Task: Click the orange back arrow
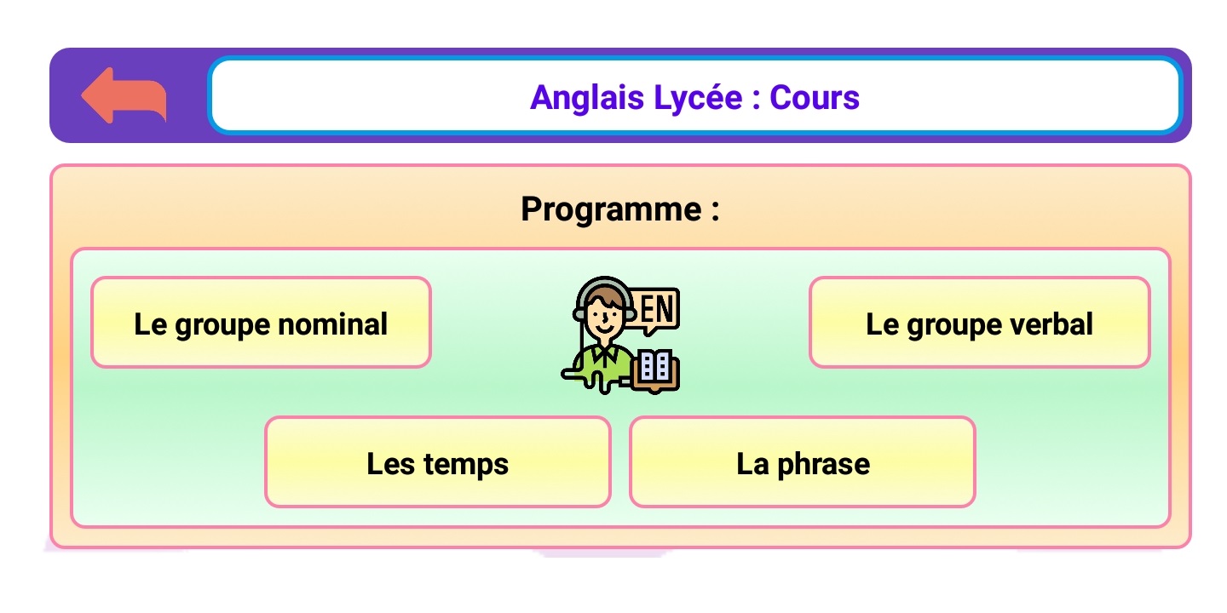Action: point(124,95)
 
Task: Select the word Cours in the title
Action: point(815,98)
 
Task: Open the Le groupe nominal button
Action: point(261,323)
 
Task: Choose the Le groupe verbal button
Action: point(979,323)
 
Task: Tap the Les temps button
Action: point(438,462)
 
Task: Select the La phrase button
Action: point(803,462)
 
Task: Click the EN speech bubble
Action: point(656,310)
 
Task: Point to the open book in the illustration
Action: point(655,371)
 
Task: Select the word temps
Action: point(466,465)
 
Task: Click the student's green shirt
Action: point(602,364)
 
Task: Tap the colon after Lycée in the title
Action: point(756,100)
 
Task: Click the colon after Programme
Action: point(716,212)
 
